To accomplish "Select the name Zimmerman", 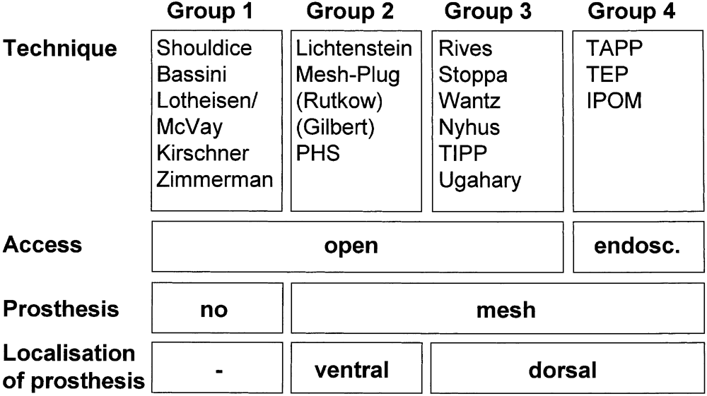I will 215,180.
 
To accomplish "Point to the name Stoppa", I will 464,74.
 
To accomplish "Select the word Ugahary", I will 479,180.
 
